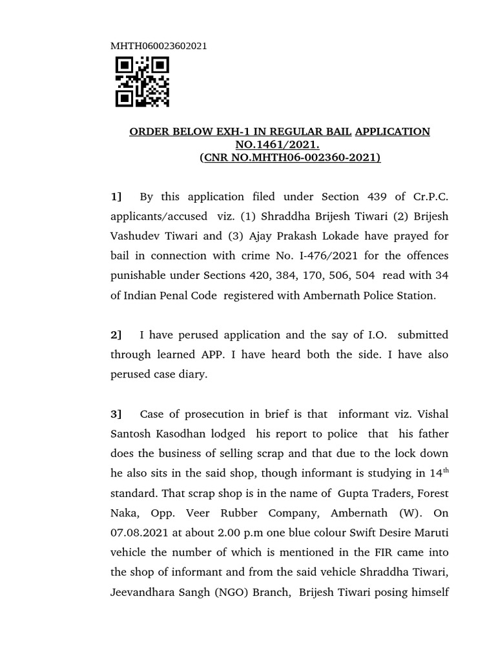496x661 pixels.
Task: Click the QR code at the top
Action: [x=142, y=81]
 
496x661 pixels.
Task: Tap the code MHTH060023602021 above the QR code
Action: [x=160, y=46]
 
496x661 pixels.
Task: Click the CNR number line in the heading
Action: [x=290, y=157]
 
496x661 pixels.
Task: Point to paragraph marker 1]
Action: [x=116, y=196]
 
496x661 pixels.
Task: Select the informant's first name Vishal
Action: [x=432, y=414]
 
